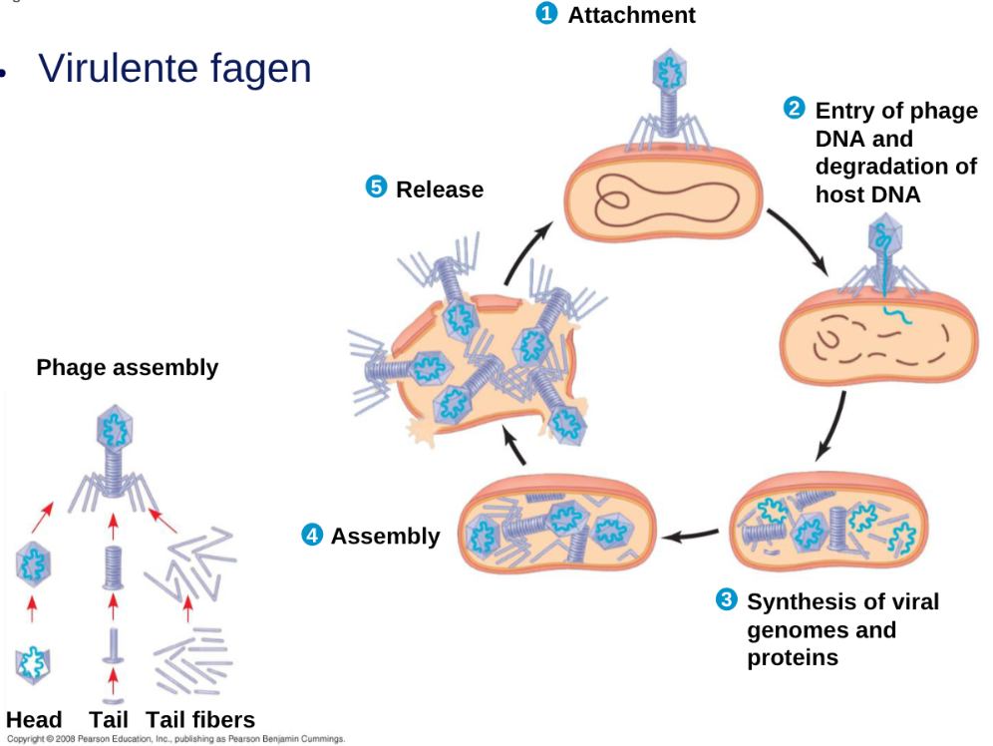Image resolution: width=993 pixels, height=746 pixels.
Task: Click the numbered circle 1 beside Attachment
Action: [x=546, y=13]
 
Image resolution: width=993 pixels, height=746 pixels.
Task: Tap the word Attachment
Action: [x=631, y=15]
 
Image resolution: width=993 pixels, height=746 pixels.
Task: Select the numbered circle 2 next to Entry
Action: [x=795, y=108]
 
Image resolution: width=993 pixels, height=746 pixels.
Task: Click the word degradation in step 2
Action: [x=885, y=167]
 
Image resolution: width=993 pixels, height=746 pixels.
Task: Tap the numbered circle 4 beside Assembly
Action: [x=312, y=535]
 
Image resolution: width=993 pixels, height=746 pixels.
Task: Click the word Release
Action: [x=440, y=189]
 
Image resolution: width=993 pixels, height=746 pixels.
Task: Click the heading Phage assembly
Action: [x=127, y=367]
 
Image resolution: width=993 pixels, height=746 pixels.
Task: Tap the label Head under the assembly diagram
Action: [x=34, y=720]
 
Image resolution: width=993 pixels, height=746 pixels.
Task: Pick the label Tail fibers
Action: [x=200, y=720]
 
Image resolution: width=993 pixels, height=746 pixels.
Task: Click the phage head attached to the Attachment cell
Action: [x=669, y=70]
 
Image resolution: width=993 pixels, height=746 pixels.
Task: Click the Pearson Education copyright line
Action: [x=175, y=740]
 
